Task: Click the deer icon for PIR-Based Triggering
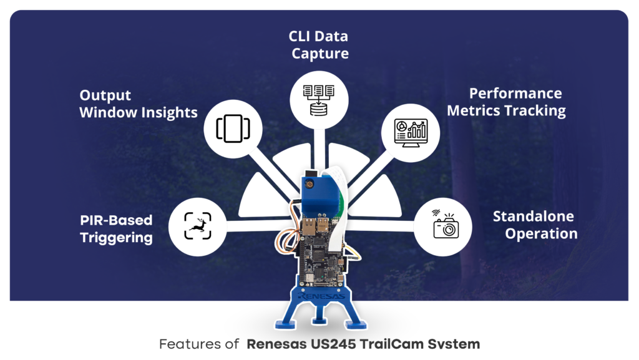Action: point(198,225)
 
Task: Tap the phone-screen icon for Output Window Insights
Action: point(233,128)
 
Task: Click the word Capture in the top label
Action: point(320,54)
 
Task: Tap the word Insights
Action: point(165,113)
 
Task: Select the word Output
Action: point(105,95)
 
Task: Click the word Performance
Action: point(515,94)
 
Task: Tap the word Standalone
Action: point(534,216)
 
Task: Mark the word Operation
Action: point(541,234)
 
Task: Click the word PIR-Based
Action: point(116,220)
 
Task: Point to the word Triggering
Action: point(116,238)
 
